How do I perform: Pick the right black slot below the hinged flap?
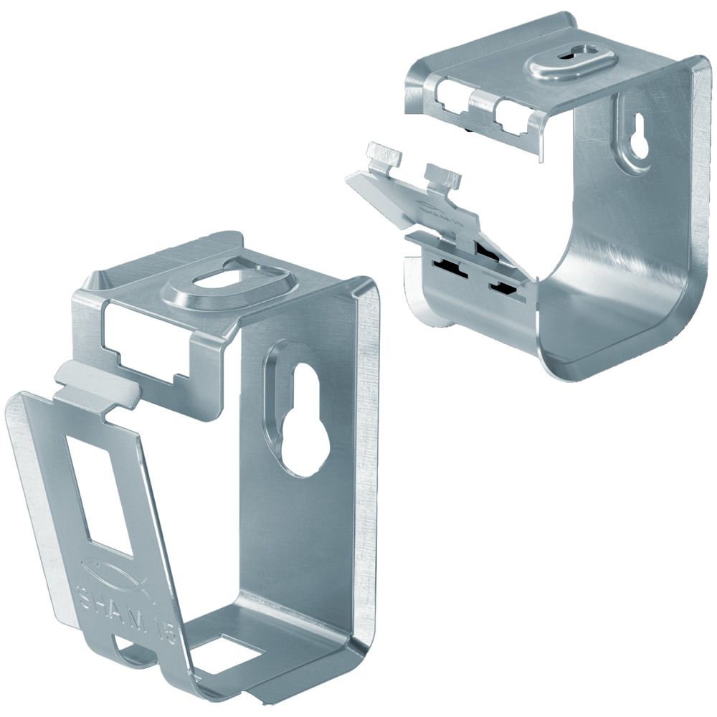click(503, 290)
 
